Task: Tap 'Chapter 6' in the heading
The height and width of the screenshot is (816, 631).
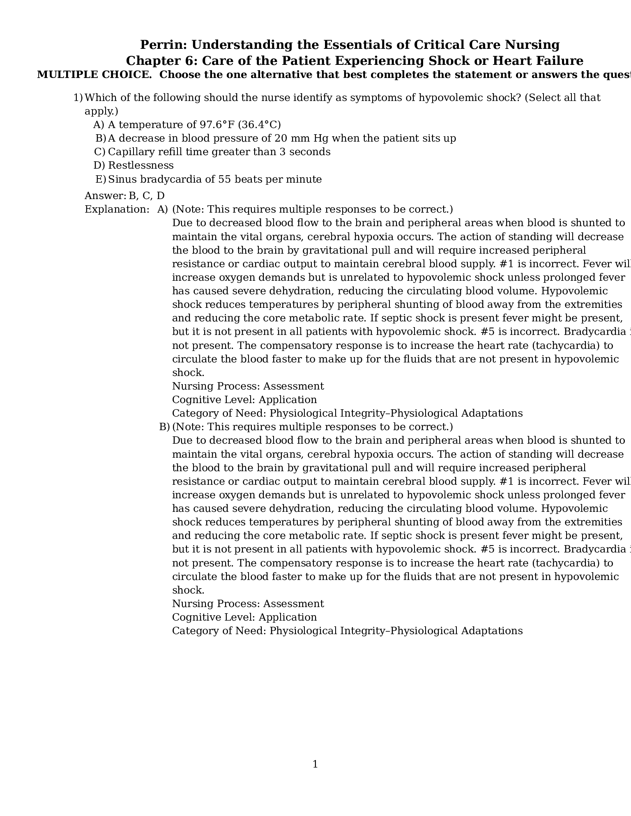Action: (x=156, y=61)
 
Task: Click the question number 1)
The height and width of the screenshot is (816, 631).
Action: (x=78, y=98)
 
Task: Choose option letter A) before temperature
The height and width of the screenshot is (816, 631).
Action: (x=99, y=125)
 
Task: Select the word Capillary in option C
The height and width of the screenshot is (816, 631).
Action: (x=128, y=152)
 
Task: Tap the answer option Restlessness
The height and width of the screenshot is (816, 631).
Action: (x=141, y=165)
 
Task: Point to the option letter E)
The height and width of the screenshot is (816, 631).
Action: (x=101, y=179)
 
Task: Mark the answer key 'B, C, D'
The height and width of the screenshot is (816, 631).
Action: (x=147, y=196)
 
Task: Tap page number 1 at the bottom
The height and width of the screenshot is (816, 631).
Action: (x=315, y=764)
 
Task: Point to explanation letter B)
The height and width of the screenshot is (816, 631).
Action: (x=164, y=427)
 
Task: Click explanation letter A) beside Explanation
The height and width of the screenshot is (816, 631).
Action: (x=163, y=209)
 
